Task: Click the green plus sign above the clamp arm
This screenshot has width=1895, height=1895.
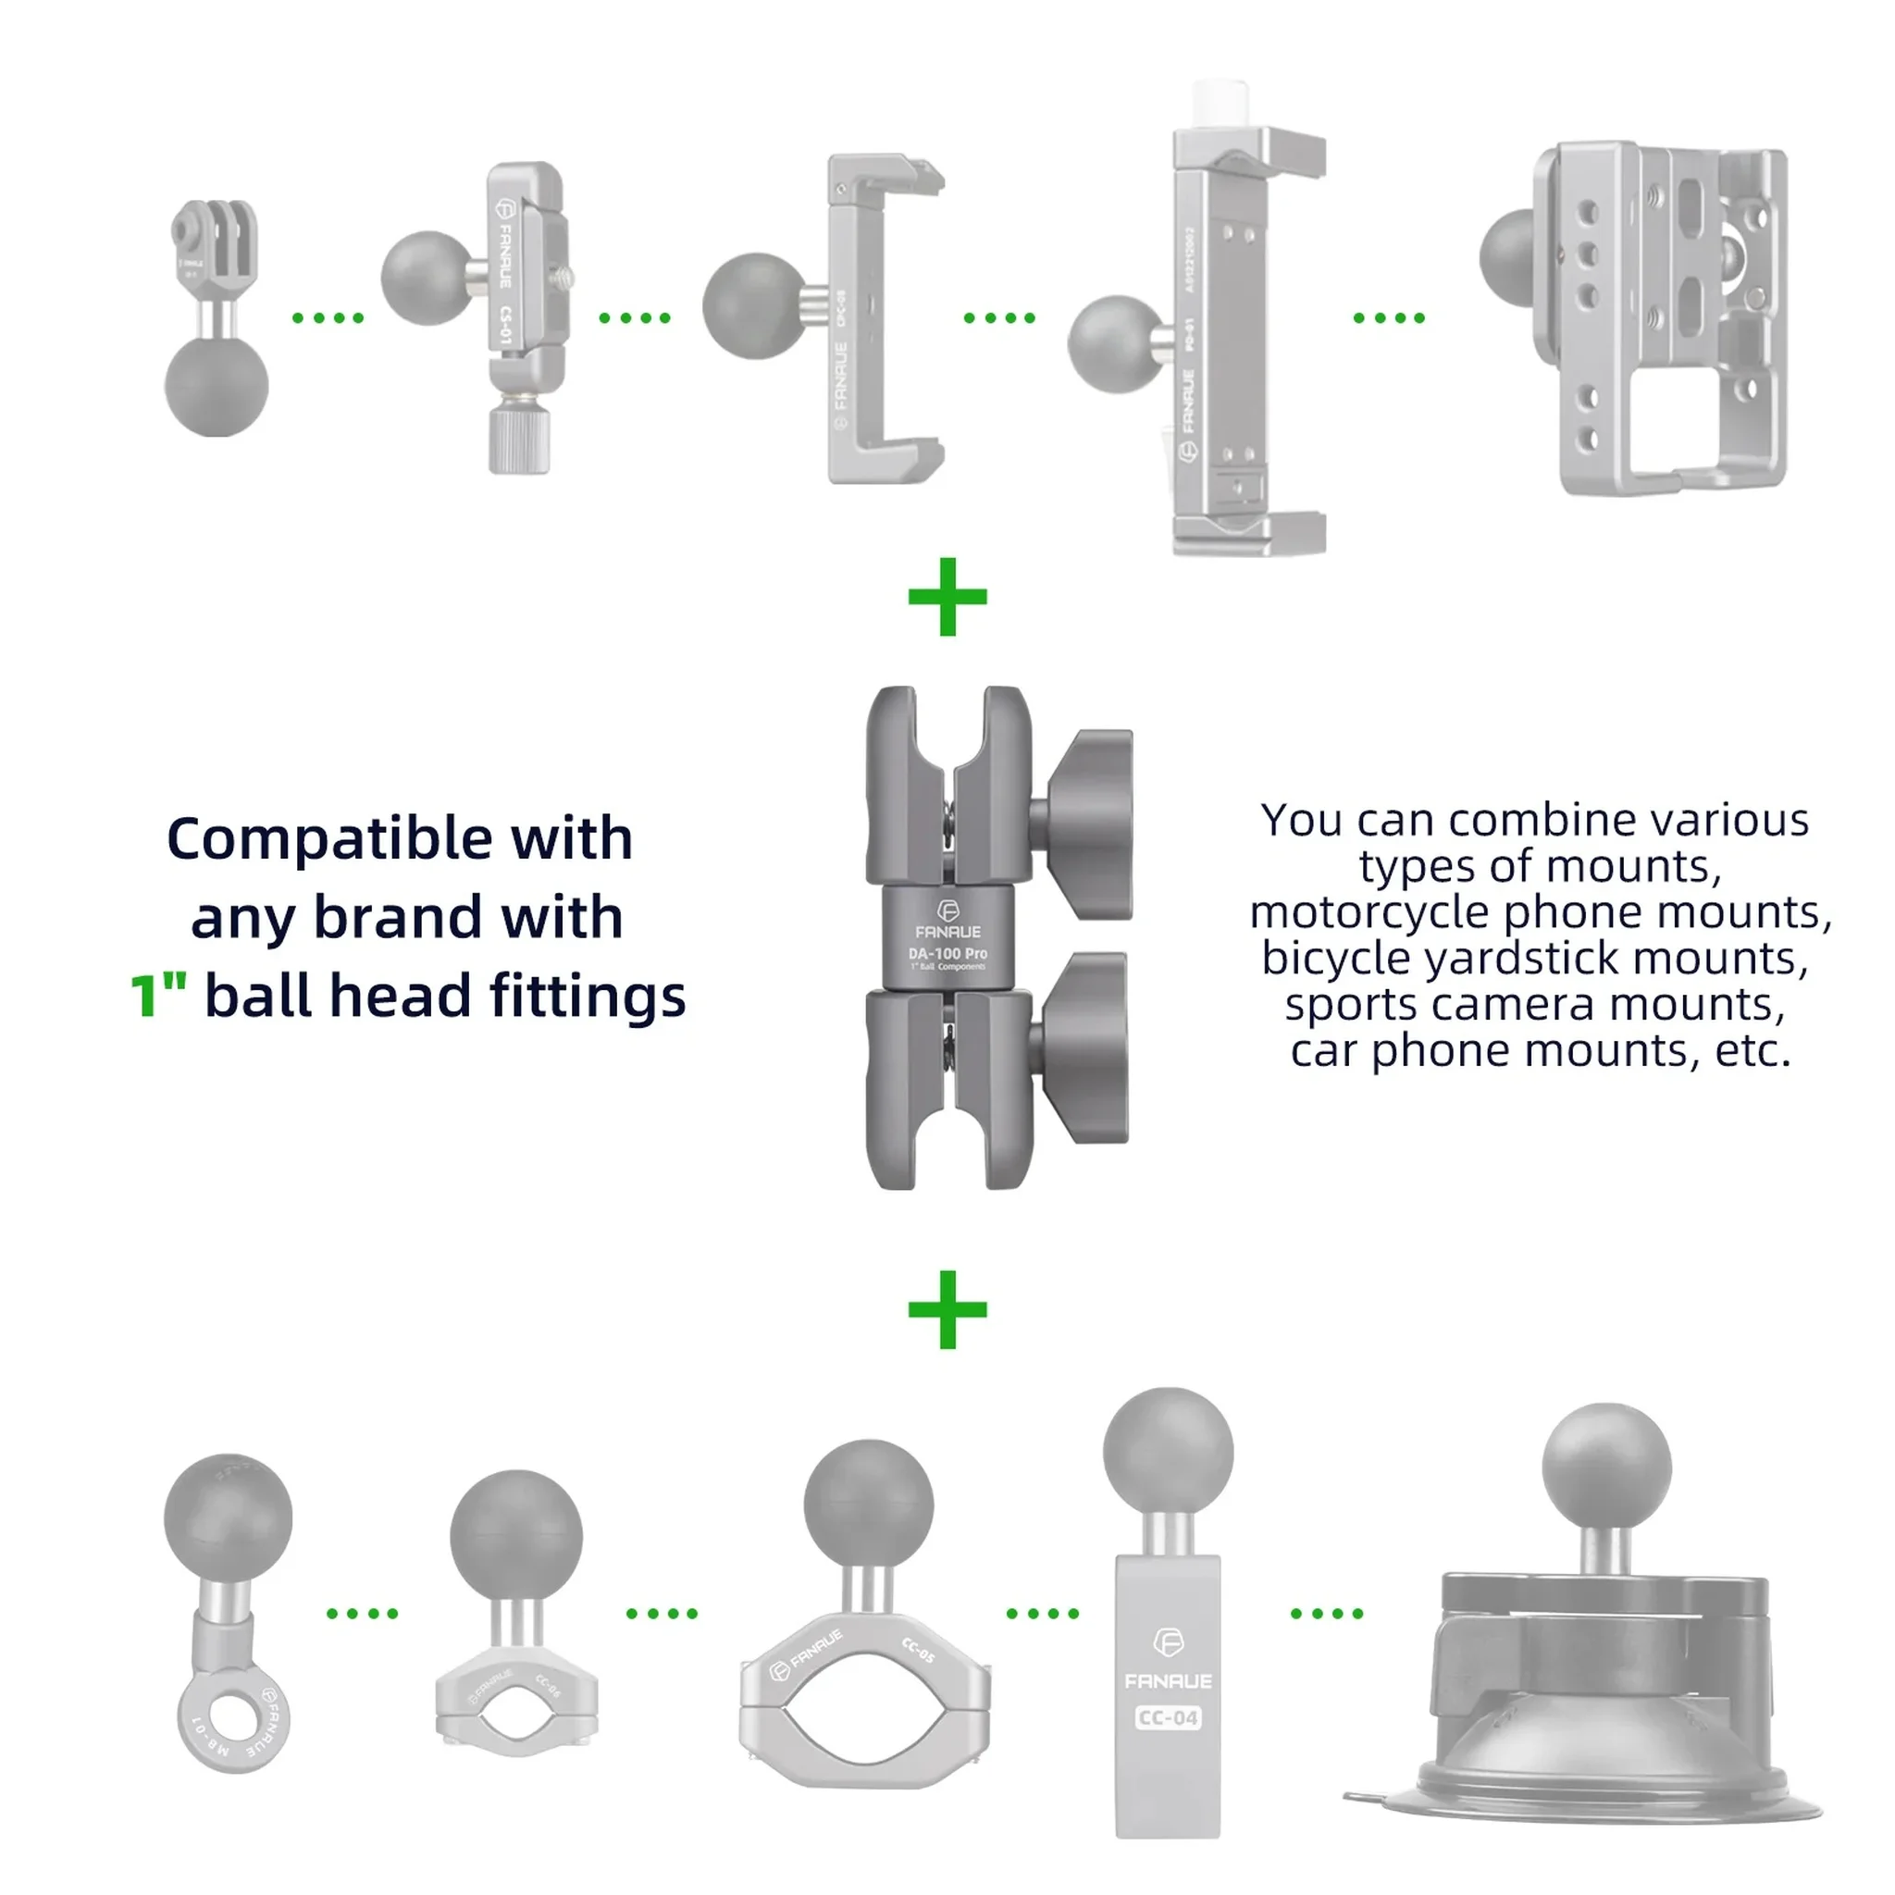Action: coord(947,597)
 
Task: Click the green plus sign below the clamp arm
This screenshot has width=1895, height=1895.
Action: coord(947,1309)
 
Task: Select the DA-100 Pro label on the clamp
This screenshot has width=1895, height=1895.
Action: coord(947,953)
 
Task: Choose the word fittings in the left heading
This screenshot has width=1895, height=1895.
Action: coord(587,997)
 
